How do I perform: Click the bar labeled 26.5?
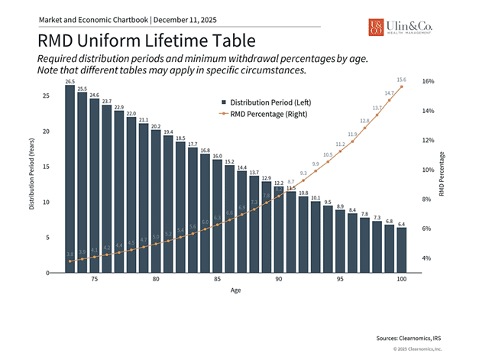click(x=70, y=179)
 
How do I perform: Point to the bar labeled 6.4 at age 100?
click(x=401, y=250)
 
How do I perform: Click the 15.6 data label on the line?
click(x=401, y=80)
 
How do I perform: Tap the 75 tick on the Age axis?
click(x=95, y=281)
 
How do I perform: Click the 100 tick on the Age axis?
click(x=401, y=281)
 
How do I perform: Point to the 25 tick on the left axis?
click(x=47, y=96)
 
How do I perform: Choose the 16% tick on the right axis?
click(x=428, y=81)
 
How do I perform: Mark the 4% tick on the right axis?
click(x=428, y=258)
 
